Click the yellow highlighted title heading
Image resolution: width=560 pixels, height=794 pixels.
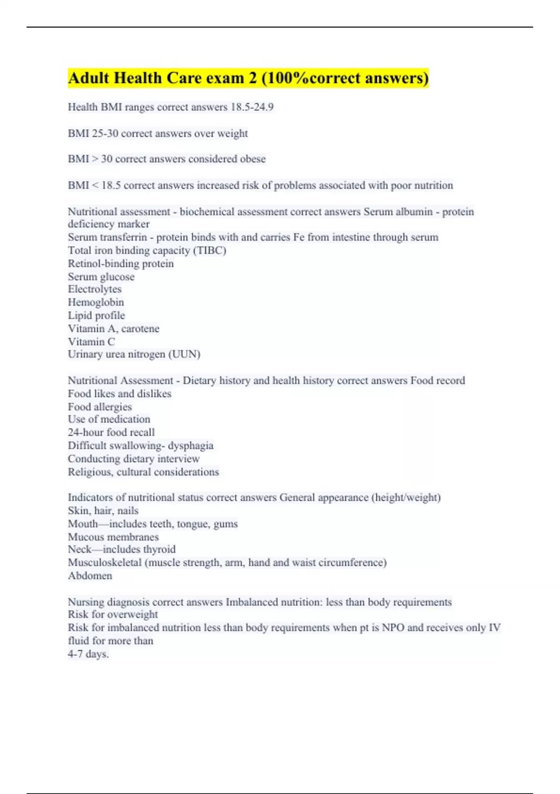pyautogui.click(x=248, y=78)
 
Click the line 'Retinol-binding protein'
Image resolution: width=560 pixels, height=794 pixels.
pyautogui.click(x=120, y=263)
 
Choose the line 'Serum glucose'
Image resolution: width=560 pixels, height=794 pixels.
pyautogui.click(x=101, y=276)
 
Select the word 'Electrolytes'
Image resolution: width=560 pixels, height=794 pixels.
pyautogui.click(x=94, y=289)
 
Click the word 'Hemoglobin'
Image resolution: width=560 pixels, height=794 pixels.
pyautogui.click(x=96, y=302)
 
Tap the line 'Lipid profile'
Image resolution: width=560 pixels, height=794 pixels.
pyautogui.click(x=96, y=315)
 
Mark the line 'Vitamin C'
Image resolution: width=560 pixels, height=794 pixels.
pyautogui.click(x=91, y=341)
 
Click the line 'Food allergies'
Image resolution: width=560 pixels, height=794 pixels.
pyautogui.click(x=99, y=407)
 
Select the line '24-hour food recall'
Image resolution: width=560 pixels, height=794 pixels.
pyautogui.click(x=111, y=432)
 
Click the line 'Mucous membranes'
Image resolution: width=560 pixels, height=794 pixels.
pyautogui.click(x=113, y=537)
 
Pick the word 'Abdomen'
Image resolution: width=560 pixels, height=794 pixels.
pyautogui.click(x=90, y=575)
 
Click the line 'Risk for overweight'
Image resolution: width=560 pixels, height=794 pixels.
pyautogui.click(x=112, y=614)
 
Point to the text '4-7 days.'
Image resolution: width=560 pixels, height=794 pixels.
pyautogui.click(x=88, y=654)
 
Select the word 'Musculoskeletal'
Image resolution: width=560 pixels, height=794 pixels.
pyautogui.click(x=105, y=562)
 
